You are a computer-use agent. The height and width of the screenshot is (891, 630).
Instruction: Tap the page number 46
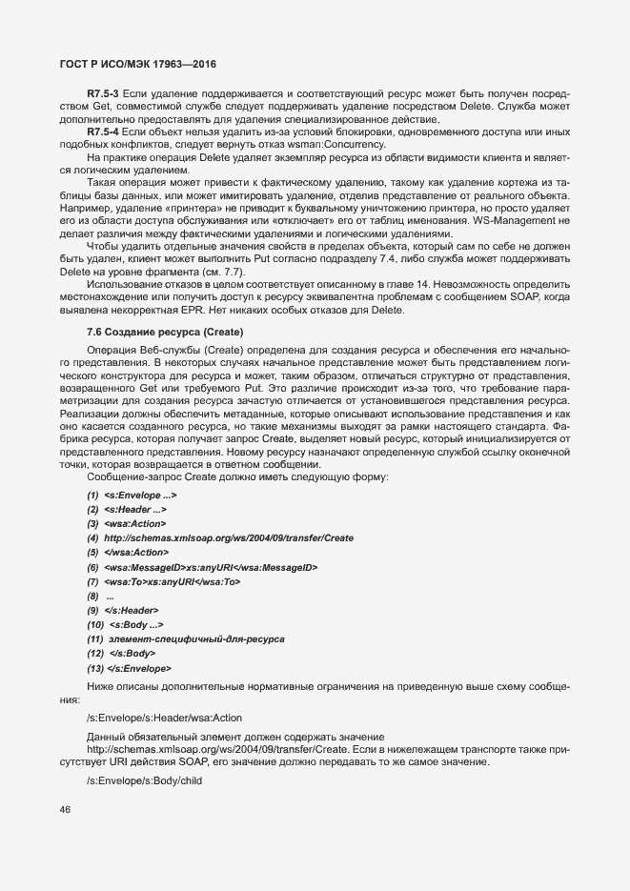[65, 810]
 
